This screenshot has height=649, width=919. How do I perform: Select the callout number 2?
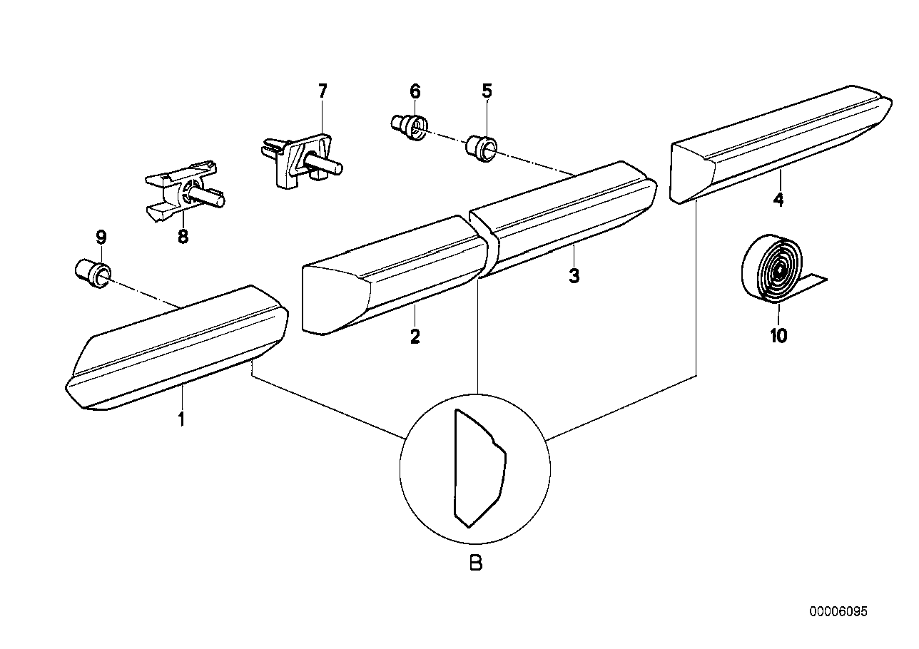(415, 336)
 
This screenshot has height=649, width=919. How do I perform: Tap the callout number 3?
(574, 275)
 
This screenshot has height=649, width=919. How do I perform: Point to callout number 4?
(778, 200)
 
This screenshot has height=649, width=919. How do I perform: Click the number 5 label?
(487, 91)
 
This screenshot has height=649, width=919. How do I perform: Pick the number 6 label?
(415, 91)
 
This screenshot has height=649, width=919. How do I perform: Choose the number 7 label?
(322, 91)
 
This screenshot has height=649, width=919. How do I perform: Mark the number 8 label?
(183, 237)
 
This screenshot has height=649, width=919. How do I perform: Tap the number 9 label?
(101, 236)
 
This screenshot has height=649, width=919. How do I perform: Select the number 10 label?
(778, 334)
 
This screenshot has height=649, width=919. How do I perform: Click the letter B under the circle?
(476, 563)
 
